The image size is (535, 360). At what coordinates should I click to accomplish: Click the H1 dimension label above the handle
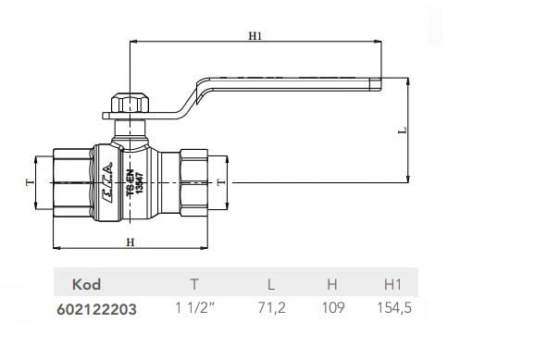coord(255,36)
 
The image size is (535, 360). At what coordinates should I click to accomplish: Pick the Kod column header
coord(85,285)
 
